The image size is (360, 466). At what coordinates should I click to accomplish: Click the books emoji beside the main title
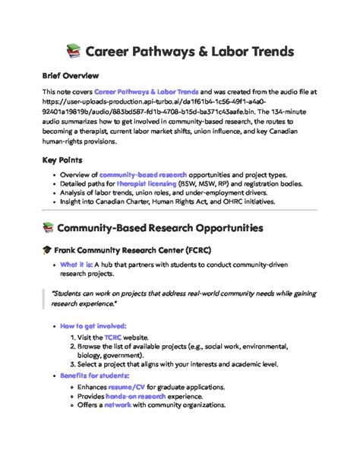(x=73, y=52)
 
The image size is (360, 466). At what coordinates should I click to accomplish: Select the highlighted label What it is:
(x=77, y=265)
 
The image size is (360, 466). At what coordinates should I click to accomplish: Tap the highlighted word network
(x=118, y=405)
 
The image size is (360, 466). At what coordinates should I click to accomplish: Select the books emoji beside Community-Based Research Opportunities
(x=49, y=227)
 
